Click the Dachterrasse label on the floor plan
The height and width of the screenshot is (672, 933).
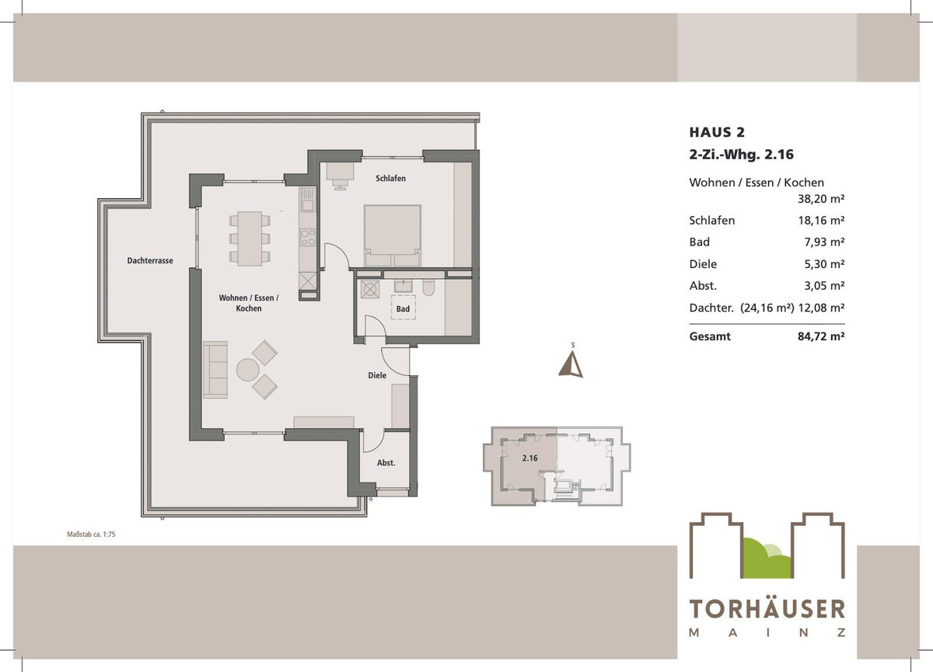tap(150, 261)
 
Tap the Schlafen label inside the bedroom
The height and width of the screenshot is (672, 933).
tap(390, 179)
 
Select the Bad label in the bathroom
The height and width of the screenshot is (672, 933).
tap(403, 309)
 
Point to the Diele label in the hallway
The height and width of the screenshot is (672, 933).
tap(377, 376)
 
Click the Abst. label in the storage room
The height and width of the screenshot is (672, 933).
tap(386, 463)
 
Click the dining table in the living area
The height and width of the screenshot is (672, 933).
tap(250, 237)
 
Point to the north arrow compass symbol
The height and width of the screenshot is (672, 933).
tap(571, 363)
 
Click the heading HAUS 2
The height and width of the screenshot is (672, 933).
tap(717, 132)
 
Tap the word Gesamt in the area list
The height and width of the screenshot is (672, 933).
tap(710, 337)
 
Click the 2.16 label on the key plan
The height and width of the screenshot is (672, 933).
tap(529, 458)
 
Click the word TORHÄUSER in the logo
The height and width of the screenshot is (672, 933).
tap(767, 608)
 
